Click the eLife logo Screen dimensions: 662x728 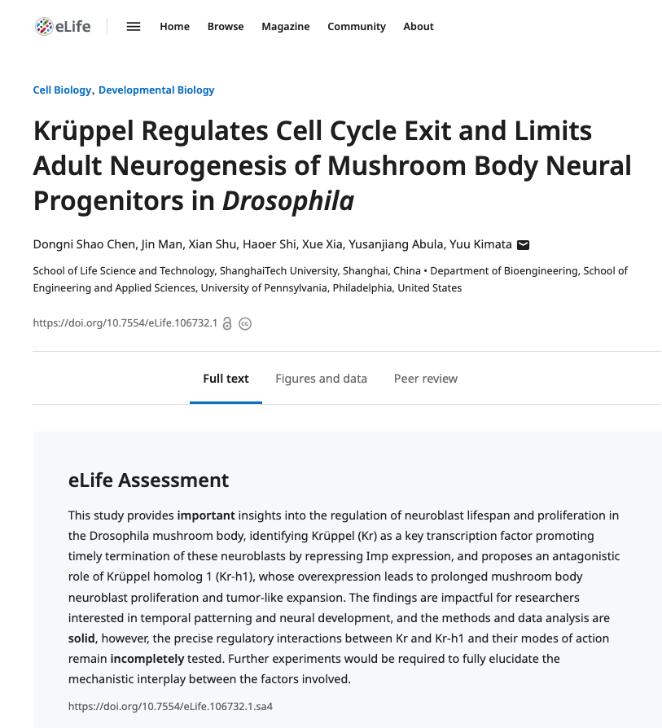63,26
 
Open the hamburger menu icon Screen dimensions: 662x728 134,26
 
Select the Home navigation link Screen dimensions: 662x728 174,26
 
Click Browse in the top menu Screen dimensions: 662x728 226,26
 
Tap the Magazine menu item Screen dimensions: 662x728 286,27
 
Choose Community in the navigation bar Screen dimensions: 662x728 357,27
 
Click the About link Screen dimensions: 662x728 419,26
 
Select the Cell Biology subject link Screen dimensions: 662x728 62,90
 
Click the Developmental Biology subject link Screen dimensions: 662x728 156,90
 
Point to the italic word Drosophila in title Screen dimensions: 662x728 287,201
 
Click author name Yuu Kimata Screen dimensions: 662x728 480,244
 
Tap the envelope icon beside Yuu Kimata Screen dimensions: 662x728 524,244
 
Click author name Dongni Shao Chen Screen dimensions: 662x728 84,244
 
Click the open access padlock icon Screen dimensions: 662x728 227,323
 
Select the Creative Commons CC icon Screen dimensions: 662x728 245,323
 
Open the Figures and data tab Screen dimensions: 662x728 322,379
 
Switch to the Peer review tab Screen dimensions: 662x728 426,379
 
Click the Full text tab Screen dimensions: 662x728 226,379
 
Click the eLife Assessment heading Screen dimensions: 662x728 148,480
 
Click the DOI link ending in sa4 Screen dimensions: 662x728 170,707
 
